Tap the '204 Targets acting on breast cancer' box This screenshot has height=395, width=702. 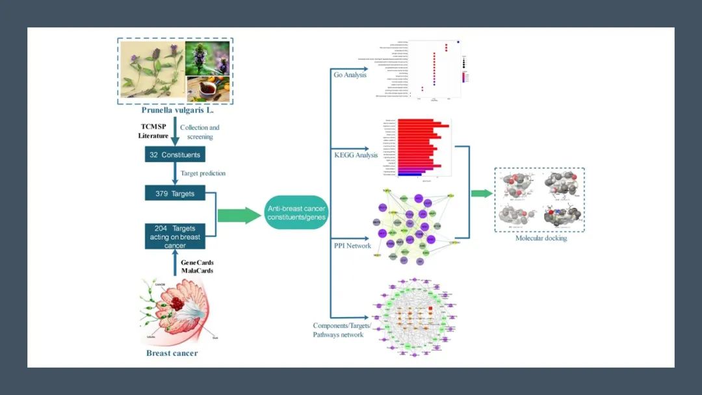point(174,237)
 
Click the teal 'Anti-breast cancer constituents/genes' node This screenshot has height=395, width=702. point(296,211)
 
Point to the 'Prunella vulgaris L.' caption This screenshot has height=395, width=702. point(175,110)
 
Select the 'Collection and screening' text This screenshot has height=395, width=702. point(200,132)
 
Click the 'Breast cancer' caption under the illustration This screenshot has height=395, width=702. point(172,353)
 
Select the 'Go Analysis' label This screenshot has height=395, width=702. point(350,75)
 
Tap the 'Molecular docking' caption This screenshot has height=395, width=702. point(541,238)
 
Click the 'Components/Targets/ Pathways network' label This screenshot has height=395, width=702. point(342,330)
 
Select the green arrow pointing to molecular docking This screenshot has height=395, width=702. point(481,193)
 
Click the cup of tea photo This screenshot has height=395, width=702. point(207,89)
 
